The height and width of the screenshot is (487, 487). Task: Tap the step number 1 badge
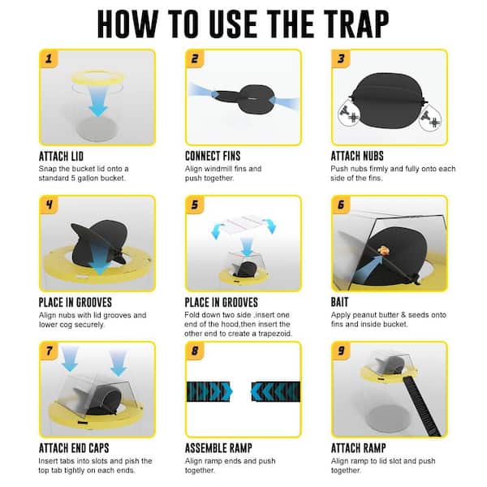[x=49, y=58]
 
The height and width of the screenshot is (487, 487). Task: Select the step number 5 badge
[x=195, y=205]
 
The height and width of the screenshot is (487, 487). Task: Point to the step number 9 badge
[x=341, y=351]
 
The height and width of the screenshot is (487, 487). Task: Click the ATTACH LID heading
[x=61, y=156]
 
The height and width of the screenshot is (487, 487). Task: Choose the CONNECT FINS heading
[x=213, y=156]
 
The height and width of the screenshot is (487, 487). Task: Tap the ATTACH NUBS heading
[x=357, y=156]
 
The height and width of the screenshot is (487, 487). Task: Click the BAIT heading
[x=339, y=302]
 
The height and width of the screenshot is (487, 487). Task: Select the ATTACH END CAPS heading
[x=74, y=448]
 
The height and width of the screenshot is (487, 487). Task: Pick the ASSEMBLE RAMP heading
[x=218, y=448]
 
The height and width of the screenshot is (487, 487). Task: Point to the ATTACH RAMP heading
[x=359, y=448]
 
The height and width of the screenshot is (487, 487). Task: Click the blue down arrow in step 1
[x=97, y=100]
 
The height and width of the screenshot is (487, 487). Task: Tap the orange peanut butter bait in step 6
[x=384, y=250]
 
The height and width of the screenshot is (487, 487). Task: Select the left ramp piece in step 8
[x=209, y=391]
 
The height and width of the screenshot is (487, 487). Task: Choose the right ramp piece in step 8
[x=276, y=391]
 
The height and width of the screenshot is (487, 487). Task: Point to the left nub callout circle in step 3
[x=348, y=114]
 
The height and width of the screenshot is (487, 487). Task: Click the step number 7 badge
[x=49, y=351]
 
